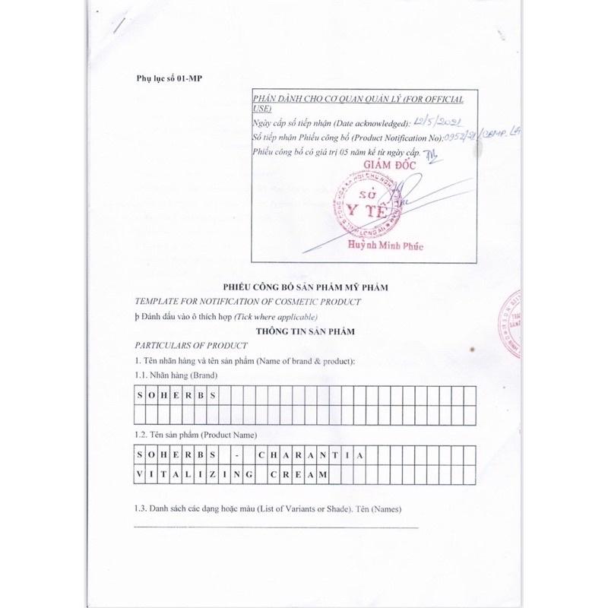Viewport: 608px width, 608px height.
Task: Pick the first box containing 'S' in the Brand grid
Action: [x=140, y=395]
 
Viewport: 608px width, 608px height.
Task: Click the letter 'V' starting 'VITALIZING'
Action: [x=140, y=473]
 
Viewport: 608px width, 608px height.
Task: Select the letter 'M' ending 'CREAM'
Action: [x=324, y=473]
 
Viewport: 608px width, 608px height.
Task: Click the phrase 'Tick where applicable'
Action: [x=276, y=316]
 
